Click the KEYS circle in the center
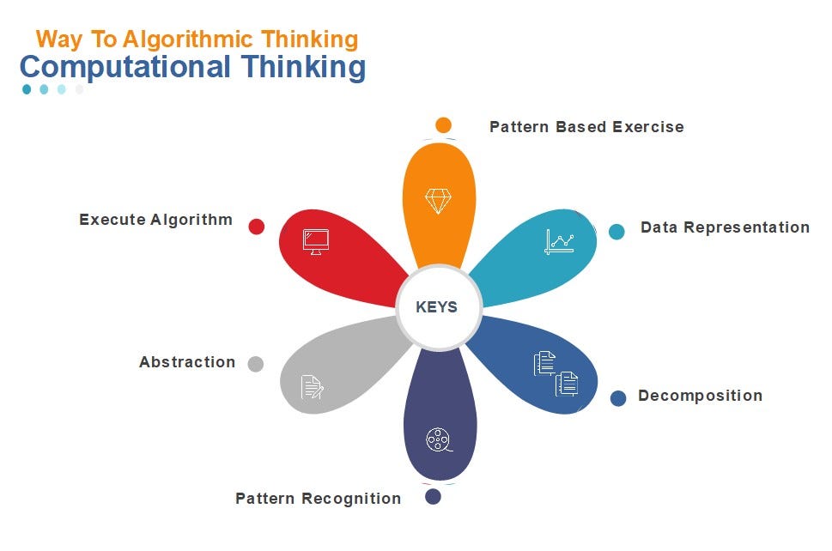[437, 307]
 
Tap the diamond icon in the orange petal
[438, 201]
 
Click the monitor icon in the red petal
[316, 240]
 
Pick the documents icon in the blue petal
[556, 373]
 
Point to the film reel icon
[438, 440]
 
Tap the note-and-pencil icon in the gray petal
[313, 387]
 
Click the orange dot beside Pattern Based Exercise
[443, 125]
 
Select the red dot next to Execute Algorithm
[256, 227]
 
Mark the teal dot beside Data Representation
[616, 231]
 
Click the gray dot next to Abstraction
[255, 364]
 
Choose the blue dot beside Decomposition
[618, 398]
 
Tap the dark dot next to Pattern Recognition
[434, 496]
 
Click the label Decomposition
[700, 396]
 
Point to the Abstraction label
[187, 362]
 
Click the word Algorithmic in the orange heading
[191, 39]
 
